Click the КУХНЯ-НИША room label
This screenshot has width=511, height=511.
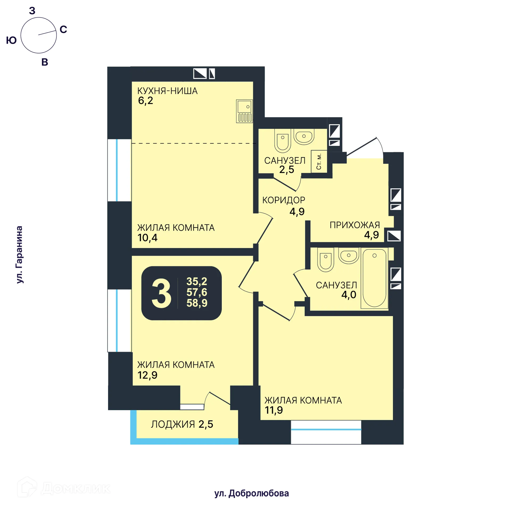tap(167, 91)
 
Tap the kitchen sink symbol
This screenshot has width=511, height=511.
tap(244, 111)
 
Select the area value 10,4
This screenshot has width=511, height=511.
tap(147, 238)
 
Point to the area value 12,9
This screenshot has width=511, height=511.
tap(147, 375)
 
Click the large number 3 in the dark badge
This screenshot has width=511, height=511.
tap(161, 294)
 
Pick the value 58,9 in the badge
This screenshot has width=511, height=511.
tap(197, 303)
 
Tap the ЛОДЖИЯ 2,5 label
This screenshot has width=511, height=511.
tap(182, 424)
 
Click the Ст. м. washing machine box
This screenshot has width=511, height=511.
tap(319, 162)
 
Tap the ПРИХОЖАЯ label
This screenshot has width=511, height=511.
tap(355, 225)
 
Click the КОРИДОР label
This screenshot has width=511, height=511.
tap(283, 200)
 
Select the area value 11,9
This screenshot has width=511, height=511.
tap(274, 410)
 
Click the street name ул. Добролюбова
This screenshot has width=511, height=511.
tap(251, 493)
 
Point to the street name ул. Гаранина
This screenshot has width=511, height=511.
tap(19, 254)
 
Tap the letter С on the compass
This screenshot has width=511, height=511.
tap(63, 29)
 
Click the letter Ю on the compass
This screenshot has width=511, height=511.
tap(11, 40)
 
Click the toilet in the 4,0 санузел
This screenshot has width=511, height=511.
tap(325, 262)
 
